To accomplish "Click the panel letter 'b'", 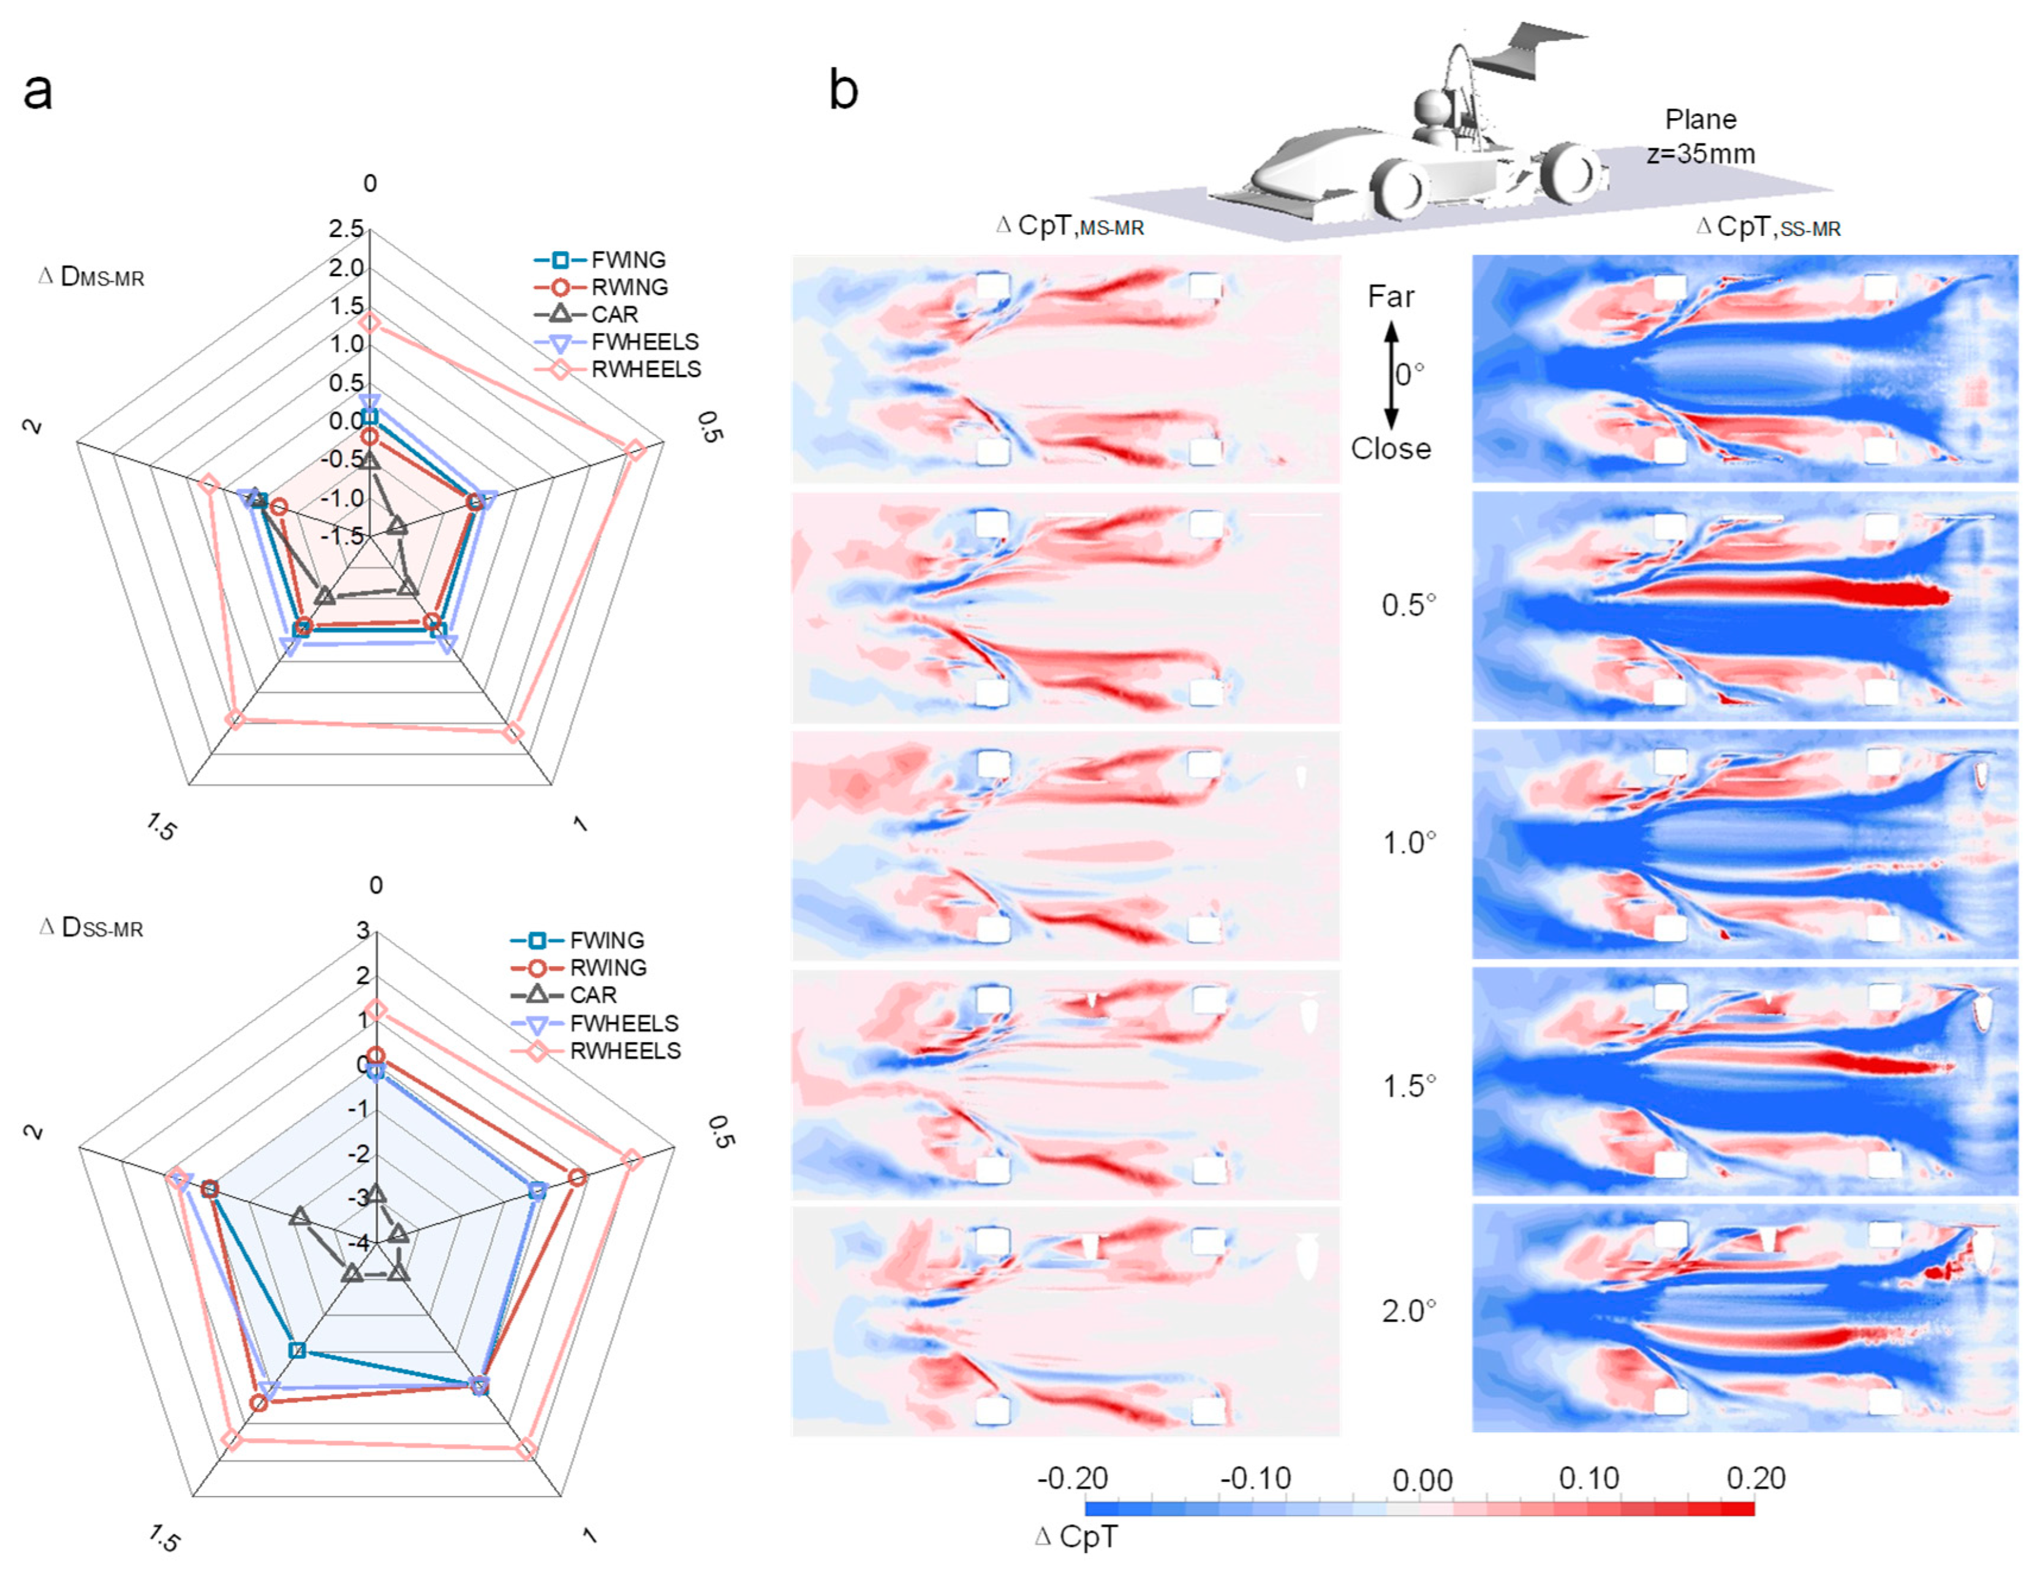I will [844, 91].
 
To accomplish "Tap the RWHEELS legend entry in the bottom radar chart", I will [624, 1051].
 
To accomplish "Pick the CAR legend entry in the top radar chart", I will [614, 315].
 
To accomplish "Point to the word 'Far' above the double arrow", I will [1390, 297].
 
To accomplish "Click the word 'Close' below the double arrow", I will [1390, 449].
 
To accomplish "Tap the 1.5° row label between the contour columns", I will [1408, 1086].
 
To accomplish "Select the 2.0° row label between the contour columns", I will [1408, 1312].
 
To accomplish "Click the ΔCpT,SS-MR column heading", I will [1768, 227].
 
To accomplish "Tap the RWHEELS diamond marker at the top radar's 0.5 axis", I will [635, 450].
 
